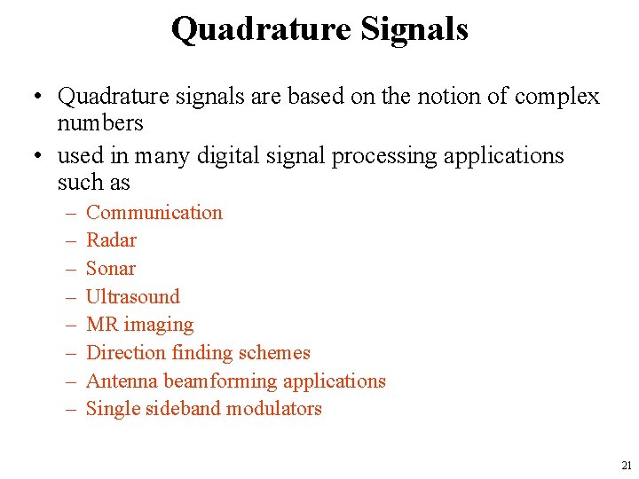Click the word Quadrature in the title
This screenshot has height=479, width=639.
tap(261, 29)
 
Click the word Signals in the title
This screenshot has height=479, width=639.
tap(414, 29)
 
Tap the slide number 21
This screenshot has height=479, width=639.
tap(627, 465)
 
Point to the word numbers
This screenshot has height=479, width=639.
tap(100, 122)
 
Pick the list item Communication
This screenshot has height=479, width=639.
tap(154, 213)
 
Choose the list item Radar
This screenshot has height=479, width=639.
tap(111, 240)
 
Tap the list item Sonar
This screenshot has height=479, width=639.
tap(111, 269)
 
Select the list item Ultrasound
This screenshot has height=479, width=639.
tap(132, 297)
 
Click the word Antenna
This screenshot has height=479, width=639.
tap(122, 381)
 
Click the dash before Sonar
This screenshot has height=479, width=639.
tap(69, 269)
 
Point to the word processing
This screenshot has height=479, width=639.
tap(388, 157)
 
